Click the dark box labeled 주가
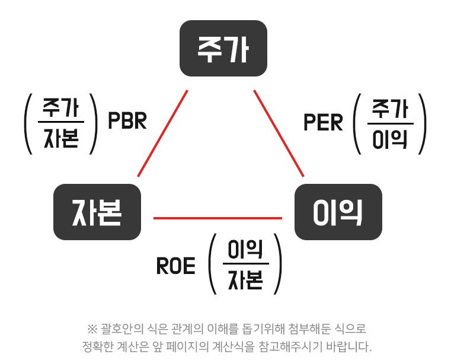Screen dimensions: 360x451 223,49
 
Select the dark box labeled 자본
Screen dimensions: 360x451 97,212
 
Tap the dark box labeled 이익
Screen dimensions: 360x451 338,212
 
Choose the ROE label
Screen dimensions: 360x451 175,267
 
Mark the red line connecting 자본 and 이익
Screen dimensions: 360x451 217,218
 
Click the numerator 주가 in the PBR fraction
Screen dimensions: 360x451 62,108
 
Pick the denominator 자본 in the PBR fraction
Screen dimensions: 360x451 62,137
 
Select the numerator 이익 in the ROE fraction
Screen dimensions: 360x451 246,251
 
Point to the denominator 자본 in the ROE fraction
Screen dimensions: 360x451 246,281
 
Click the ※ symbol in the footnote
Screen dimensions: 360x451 92,329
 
